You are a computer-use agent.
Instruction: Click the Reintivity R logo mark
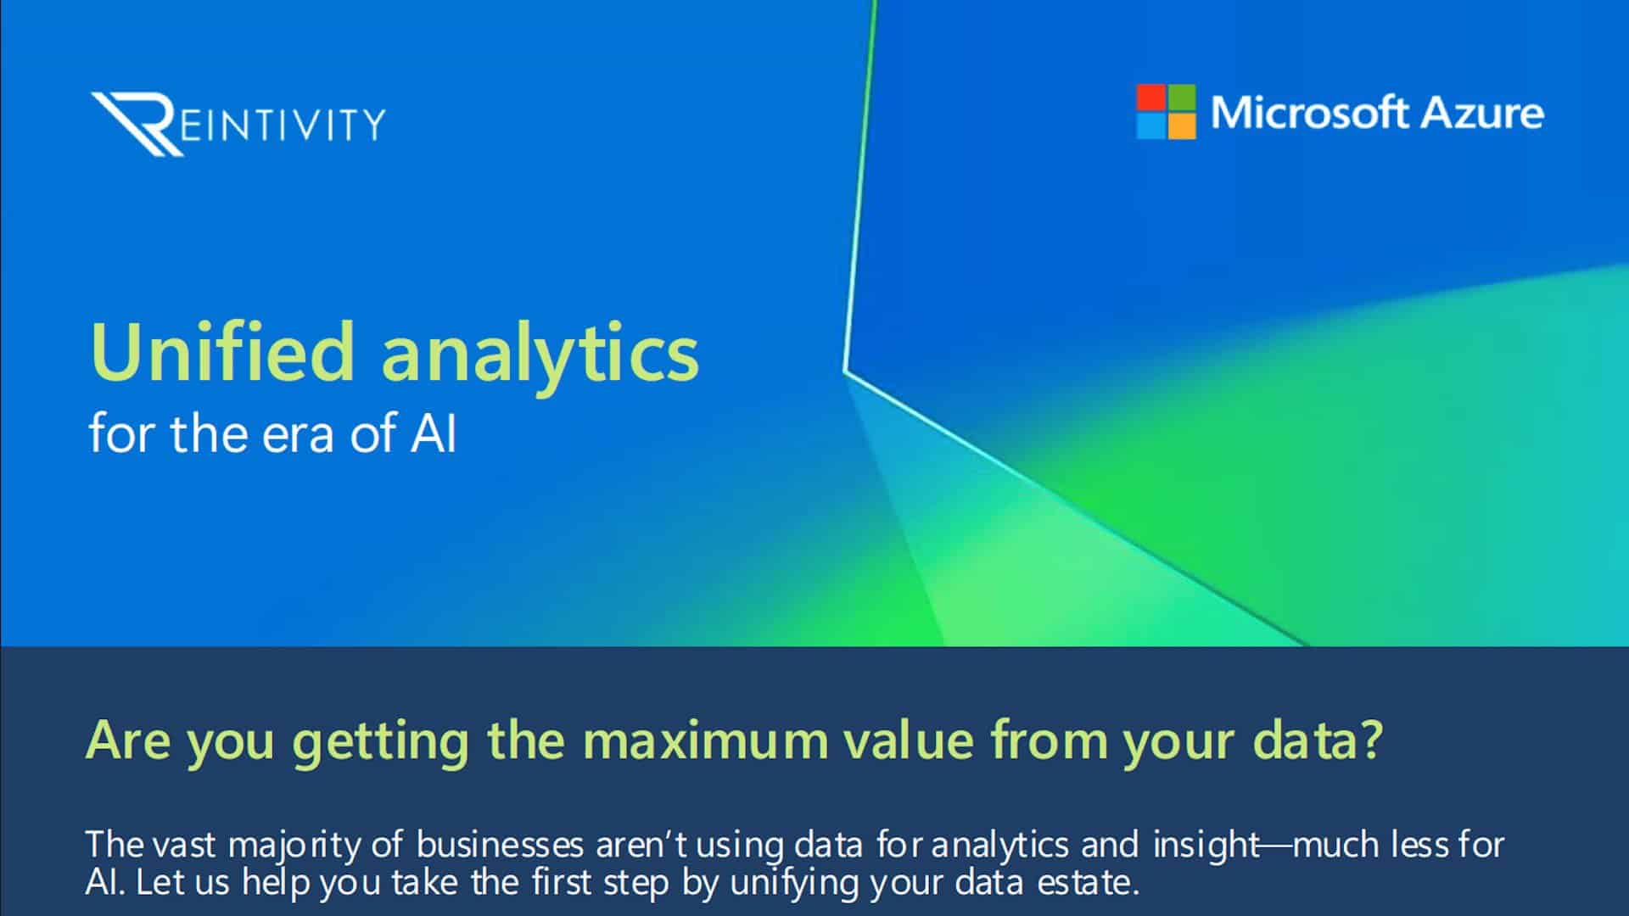(136, 124)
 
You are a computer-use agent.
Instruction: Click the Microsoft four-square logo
(1166, 111)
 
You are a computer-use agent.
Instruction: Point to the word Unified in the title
(221, 351)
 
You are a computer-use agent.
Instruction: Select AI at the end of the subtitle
(434, 434)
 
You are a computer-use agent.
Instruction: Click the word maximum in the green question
(705, 740)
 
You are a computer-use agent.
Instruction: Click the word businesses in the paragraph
(501, 845)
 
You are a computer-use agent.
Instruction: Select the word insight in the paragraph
(1206, 846)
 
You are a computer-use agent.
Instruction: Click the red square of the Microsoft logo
(1151, 98)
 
